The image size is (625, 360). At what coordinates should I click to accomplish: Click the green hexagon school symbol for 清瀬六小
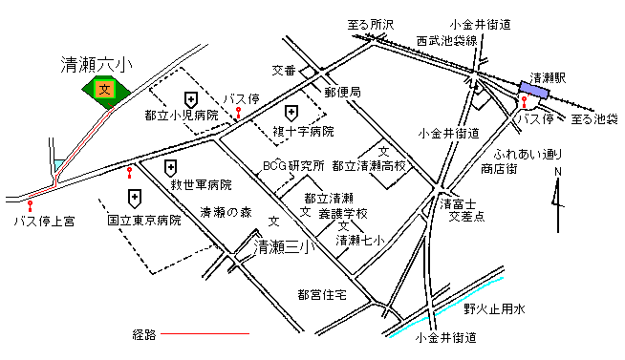tap(105, 89)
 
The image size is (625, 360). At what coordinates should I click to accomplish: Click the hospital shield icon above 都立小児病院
tap(190, 98)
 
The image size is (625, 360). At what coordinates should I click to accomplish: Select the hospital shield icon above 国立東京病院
tap(135, 199)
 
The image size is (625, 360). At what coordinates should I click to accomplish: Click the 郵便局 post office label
tap(341, 93)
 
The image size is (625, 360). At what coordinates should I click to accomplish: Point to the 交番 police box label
tap(284, 70)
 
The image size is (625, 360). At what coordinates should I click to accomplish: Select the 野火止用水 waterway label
tap(495, 308)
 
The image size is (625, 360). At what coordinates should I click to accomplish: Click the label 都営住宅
tap(322, 293)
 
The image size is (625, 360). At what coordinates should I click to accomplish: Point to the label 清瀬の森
tap(225, 212)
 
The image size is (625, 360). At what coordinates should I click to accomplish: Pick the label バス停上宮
tap(42, 222)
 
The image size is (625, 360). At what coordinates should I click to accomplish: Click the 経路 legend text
tap(144, 334)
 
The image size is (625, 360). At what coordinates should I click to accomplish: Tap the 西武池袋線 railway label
tap(446, 42)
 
